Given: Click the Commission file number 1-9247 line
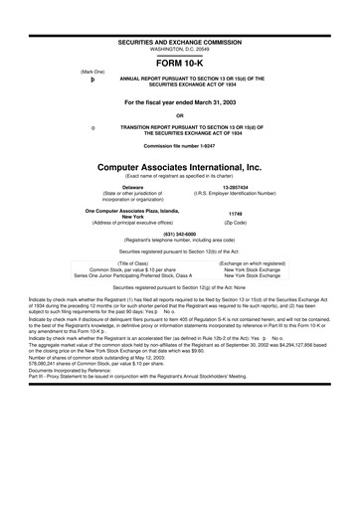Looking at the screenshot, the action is click(x=179, y=147).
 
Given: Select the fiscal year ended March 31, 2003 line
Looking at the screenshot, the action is click(x=179, y=102).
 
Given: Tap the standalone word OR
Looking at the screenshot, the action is click(x=179, y=115).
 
